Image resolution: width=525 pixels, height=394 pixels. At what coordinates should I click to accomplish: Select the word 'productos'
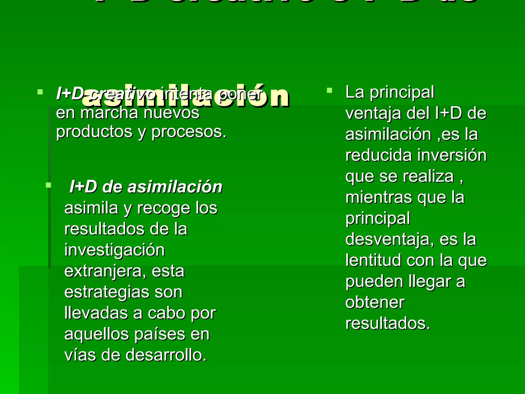point(94,132)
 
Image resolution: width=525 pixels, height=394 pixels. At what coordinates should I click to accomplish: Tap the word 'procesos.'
point(189,132)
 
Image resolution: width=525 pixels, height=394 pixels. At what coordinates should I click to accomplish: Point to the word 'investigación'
point(114,250)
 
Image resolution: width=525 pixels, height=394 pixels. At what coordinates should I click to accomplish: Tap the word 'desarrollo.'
point(166,355)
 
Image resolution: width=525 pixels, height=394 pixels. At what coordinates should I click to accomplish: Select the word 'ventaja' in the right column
point(373,113)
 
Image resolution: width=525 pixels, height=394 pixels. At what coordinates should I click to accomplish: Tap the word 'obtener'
point(375,302)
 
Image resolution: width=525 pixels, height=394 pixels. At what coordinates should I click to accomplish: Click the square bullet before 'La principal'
point(329,90)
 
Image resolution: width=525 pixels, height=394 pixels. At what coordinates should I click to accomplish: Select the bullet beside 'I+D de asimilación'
point(48,185)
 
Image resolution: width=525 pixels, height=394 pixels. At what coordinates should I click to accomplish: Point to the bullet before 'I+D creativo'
point(40,92)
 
